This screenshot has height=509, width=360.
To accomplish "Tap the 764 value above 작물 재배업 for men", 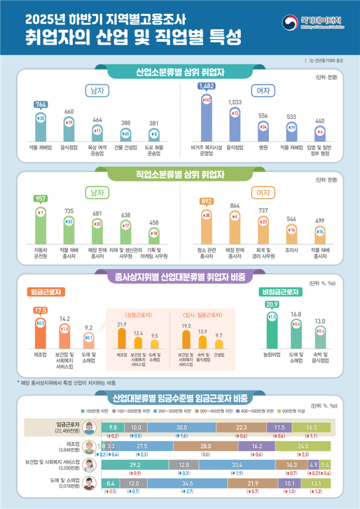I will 40,104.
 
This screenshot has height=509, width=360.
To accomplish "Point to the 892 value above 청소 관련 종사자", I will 206,202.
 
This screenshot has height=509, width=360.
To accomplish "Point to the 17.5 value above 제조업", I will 40,310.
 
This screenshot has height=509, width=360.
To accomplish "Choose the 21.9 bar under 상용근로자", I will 121,337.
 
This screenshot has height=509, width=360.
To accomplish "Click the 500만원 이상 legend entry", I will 294,409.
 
